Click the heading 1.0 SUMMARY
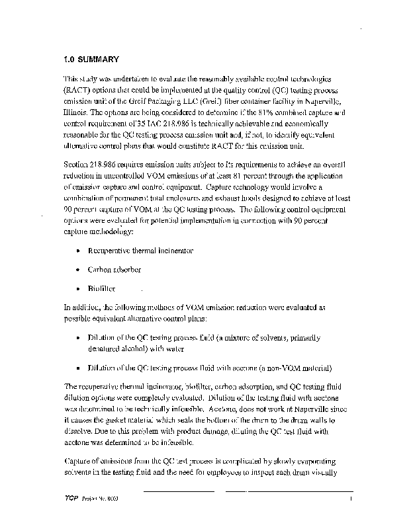pos(91,59)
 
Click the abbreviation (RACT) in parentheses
pos(80,89)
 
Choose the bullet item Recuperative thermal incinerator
pos(140,251)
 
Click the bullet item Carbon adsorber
pos(115,270)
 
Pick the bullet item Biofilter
pos(103,289)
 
